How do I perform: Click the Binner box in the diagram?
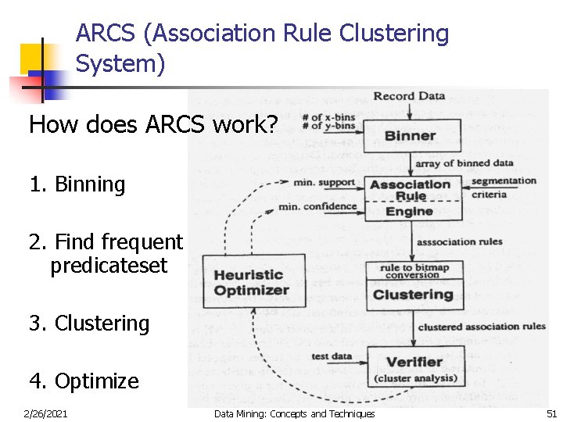coord(411,136)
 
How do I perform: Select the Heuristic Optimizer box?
coord(253,282)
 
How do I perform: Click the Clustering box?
coord(414,295)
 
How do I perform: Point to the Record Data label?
coord(409,96)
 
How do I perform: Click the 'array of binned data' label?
coord(464,163)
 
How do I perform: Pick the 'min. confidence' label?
coord(317,206)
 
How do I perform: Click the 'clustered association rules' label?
coord(481,327)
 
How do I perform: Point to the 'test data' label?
coord(332,356)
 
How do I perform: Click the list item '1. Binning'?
coord(77,184)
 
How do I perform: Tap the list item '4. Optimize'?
coord(84,381)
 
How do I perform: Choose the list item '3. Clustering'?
coord(89,324)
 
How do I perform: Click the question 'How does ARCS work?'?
coord(152,124)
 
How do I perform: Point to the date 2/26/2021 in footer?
coord(46,413)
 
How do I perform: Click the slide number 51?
coord(550,413)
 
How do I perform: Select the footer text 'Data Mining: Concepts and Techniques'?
coord(294,413)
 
